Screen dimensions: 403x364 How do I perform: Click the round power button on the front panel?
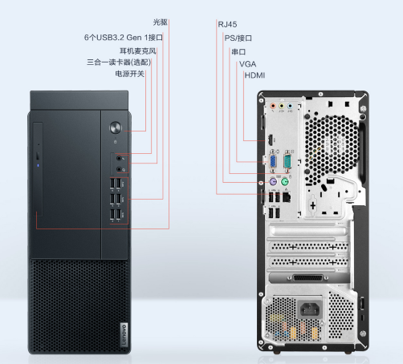116,127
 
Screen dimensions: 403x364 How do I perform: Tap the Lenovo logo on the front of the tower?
124,334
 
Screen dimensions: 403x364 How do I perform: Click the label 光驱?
161,22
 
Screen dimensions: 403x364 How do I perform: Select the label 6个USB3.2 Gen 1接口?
124,38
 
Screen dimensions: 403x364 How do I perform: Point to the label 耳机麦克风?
137,51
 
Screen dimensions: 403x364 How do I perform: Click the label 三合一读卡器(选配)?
119,63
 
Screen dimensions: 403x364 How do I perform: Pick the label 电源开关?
130,74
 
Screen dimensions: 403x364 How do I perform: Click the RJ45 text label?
227,25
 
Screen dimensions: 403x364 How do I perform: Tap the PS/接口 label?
238,38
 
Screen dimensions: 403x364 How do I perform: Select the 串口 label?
238,51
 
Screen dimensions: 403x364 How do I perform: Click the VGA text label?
247,64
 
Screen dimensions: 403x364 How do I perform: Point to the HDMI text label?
254,75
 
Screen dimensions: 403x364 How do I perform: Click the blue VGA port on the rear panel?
273,161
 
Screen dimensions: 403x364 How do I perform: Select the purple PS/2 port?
273,183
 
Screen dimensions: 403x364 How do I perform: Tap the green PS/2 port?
285,183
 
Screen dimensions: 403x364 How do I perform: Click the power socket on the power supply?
310,309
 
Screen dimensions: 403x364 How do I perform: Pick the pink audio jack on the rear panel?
273,106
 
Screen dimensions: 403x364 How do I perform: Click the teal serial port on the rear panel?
288,161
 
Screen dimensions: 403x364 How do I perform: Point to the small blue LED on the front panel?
38,165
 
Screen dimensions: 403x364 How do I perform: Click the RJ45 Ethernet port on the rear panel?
287,196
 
